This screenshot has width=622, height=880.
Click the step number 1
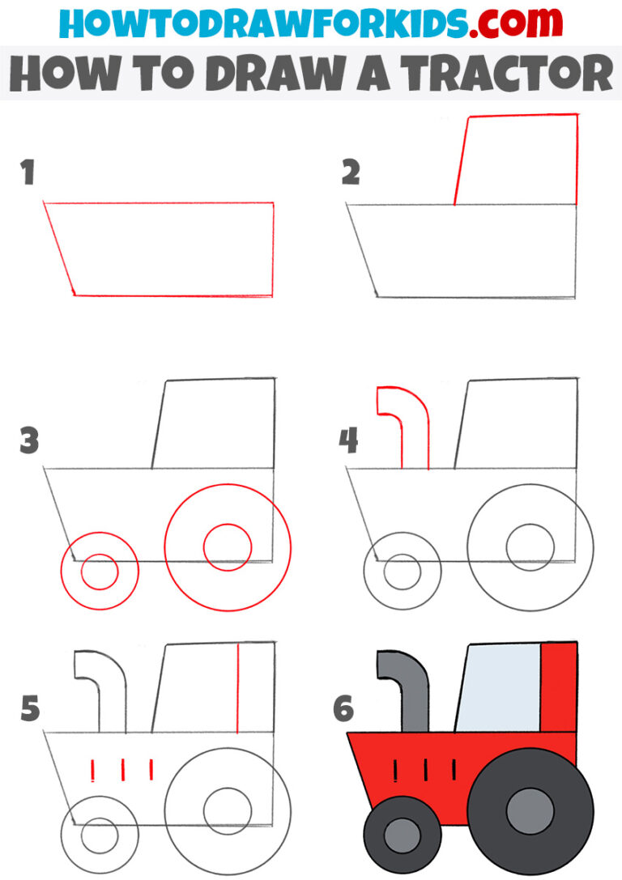(28, 172)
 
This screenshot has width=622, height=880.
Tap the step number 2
(350, 172)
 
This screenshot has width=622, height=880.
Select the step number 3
(29, 442)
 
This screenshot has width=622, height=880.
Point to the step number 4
(348, 442)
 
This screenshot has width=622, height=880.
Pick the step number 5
(29, 709)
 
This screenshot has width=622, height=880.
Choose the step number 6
(343, 709)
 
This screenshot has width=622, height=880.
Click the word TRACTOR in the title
(511, 74)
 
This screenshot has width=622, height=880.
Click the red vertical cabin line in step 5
(237, 688)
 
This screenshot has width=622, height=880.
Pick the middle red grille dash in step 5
(122, 769)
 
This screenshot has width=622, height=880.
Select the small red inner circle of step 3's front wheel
(100, 573)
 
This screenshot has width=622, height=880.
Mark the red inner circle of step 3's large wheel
(227, 547)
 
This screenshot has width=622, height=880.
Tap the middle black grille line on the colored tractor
(424, 769)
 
